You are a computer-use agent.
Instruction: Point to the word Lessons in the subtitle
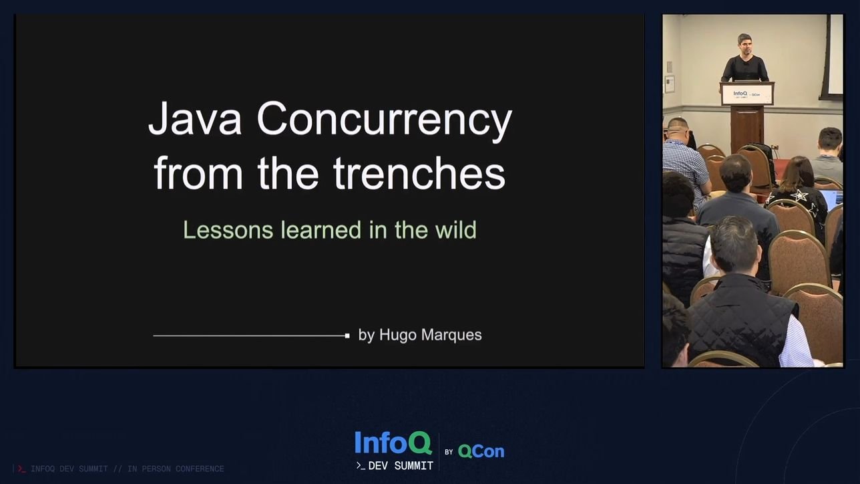[x=228, y=230]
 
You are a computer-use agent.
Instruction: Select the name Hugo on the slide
[x=399, y=335]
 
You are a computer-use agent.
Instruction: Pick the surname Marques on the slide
[x=453, y=335]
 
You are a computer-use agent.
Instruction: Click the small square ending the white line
[x=347, y=336]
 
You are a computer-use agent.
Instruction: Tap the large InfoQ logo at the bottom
[x=393, y=443]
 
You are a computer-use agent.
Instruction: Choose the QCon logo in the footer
[x=481, y=452]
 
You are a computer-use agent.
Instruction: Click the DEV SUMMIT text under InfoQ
[x=401, y=466]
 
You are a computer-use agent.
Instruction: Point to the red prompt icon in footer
[x=21, y=469]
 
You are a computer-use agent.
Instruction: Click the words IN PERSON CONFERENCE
[x=176, y=469]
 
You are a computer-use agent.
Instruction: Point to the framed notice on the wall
[x=669, y=84]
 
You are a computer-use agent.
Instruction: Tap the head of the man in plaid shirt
[x=677, y=128]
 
